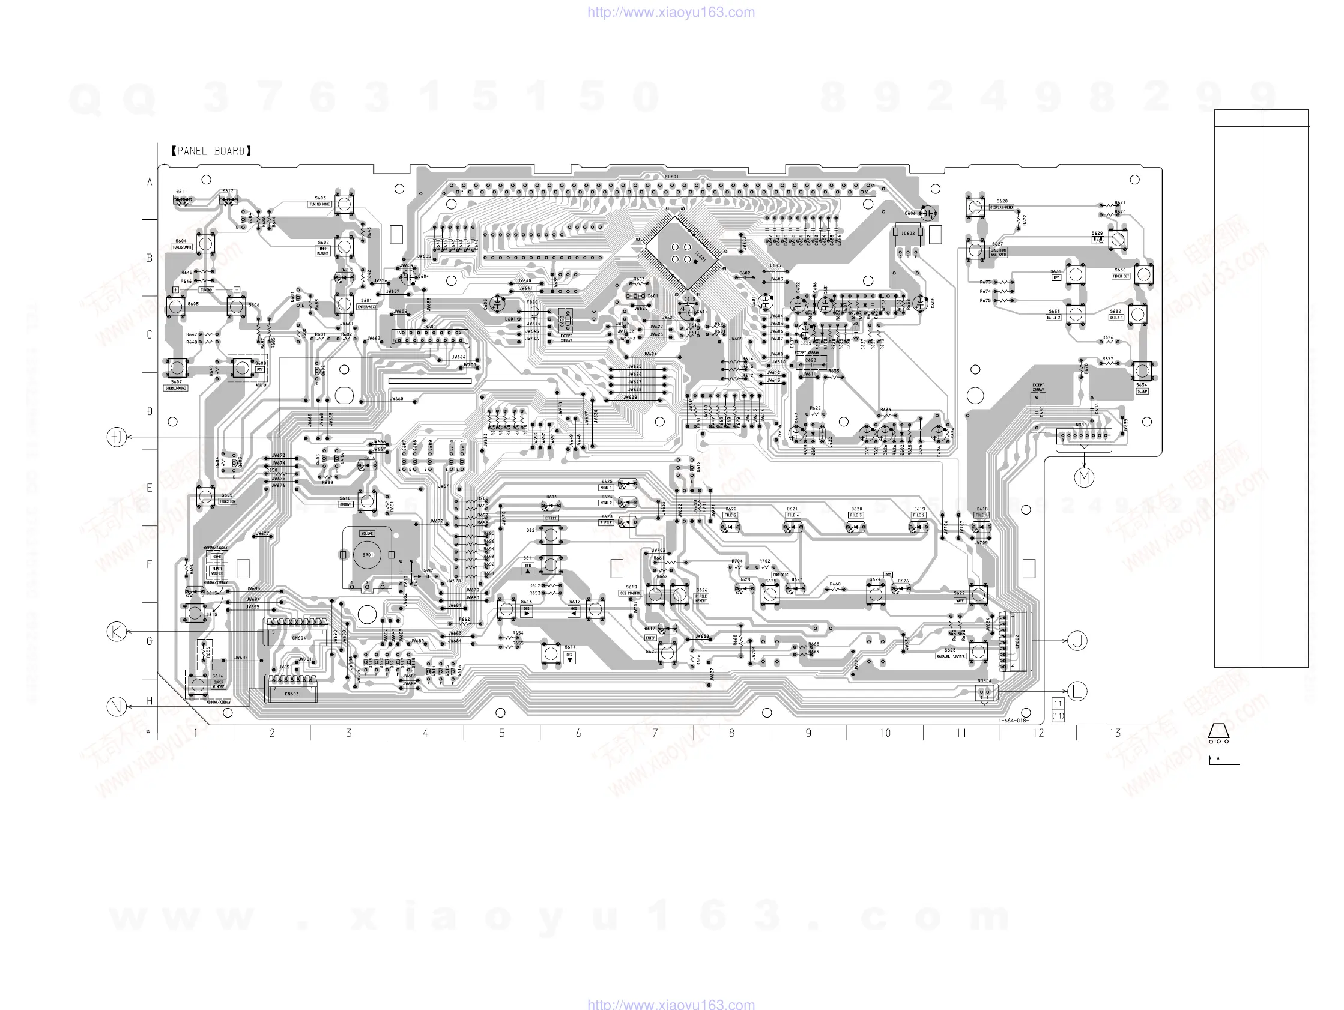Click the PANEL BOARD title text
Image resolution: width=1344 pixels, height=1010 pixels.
point(211,151)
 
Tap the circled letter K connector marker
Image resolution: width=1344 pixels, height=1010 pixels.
point(117,632)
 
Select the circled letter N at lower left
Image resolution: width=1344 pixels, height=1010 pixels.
point(117,707)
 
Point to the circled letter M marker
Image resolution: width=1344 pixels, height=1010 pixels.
point(1084,477)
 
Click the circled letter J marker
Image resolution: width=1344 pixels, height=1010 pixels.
point(1077,641)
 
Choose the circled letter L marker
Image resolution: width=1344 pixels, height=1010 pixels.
point(1077,692)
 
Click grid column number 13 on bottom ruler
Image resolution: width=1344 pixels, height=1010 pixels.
point(1115,734)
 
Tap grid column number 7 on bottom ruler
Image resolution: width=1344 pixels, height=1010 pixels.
point(655,734)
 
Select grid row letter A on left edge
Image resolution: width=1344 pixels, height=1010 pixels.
point(150,182)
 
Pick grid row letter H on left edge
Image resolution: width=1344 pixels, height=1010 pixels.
point(150,701)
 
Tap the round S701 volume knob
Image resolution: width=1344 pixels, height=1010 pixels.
point(368,554)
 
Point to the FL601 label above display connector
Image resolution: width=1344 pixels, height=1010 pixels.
point(671,177)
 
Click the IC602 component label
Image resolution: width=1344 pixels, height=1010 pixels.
point(908,233)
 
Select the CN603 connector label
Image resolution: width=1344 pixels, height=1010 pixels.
point(292,694)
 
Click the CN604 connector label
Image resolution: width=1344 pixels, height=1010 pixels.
point(299,638)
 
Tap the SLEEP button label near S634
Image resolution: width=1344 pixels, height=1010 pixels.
point(1142,392)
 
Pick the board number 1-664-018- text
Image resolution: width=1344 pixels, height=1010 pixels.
point(1014,721)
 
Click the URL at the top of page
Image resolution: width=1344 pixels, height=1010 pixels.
point(671,12)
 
